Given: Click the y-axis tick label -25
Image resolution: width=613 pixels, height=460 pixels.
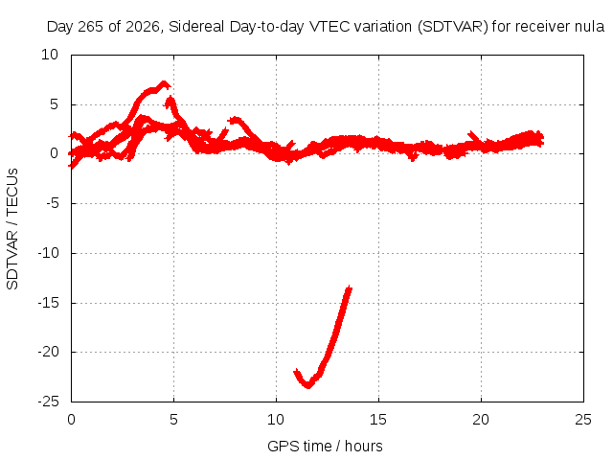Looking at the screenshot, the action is coord(48,402).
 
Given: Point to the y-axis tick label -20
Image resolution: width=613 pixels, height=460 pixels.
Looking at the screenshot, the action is coord(48,352).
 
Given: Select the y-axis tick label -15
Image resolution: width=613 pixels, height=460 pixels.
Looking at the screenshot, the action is coord(48,303).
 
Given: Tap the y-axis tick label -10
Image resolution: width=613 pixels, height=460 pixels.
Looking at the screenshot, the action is coord(48,253).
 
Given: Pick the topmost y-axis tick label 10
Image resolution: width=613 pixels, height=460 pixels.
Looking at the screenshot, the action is coord(50,55).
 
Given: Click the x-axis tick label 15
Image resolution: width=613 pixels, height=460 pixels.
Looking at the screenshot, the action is coord(378,420).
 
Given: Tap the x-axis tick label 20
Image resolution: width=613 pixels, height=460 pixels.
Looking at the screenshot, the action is coord(481,420).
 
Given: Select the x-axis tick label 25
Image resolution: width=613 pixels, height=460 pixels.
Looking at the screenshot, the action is coord(583,420).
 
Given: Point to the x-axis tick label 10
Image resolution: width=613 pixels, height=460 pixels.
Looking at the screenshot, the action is coord(276,420).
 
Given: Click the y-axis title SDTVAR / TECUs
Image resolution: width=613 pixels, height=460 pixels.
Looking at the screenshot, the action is coord(12,229).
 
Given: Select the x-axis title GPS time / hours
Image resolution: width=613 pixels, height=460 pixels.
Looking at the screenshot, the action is coord(325,446).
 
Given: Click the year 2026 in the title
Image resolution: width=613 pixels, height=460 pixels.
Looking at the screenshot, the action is coord(143,27).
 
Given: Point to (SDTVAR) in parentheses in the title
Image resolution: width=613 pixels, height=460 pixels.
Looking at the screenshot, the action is coord(453,27).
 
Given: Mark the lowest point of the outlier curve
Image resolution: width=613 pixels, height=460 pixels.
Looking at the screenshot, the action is coord(308,386).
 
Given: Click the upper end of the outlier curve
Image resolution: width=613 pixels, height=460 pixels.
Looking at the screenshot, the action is coord(349,287).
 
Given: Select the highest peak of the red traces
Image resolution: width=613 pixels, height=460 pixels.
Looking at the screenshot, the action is coord(164,82).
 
